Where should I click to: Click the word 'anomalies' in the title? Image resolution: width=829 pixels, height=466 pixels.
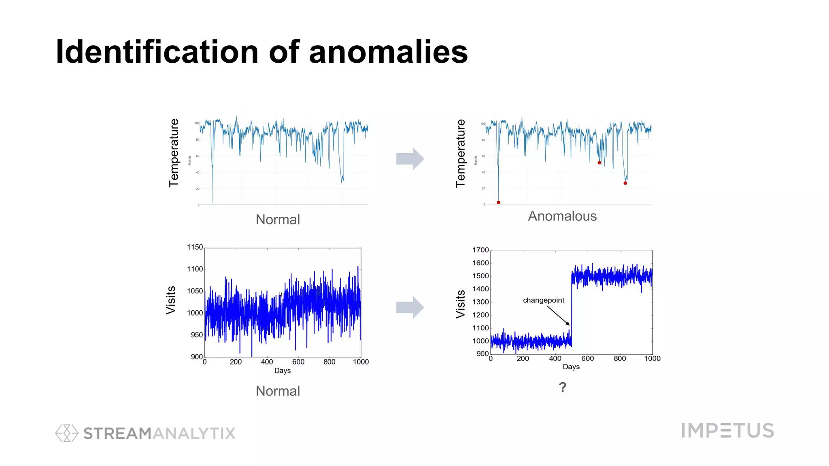388,53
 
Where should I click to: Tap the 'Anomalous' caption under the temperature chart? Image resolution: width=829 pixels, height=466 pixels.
562,216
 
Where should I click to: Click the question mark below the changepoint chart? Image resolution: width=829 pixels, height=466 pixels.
562,388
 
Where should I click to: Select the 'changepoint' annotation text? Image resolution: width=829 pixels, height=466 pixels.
543,300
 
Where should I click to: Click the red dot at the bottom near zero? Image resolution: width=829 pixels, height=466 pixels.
498,202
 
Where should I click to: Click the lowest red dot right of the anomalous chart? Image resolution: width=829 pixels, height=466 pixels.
625,183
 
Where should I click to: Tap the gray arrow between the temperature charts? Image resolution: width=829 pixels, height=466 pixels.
410,159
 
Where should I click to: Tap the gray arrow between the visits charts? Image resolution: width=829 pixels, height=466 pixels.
410,307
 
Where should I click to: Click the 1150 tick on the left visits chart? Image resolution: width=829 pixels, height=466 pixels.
195,247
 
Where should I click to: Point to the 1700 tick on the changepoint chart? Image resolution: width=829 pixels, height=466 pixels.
480,250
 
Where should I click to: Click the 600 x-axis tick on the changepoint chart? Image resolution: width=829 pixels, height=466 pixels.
587,358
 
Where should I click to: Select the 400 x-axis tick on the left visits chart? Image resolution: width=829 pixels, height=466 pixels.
267,362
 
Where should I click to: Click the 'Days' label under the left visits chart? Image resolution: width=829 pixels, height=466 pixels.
282,371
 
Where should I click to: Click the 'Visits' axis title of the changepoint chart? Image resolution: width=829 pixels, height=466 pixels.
460,304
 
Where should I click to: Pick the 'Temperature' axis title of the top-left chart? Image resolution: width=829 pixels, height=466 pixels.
174,153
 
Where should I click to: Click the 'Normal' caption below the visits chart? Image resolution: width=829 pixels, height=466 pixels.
278,391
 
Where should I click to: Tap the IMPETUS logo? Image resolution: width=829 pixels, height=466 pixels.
727,430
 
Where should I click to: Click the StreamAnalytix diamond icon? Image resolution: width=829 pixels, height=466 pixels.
66,433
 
